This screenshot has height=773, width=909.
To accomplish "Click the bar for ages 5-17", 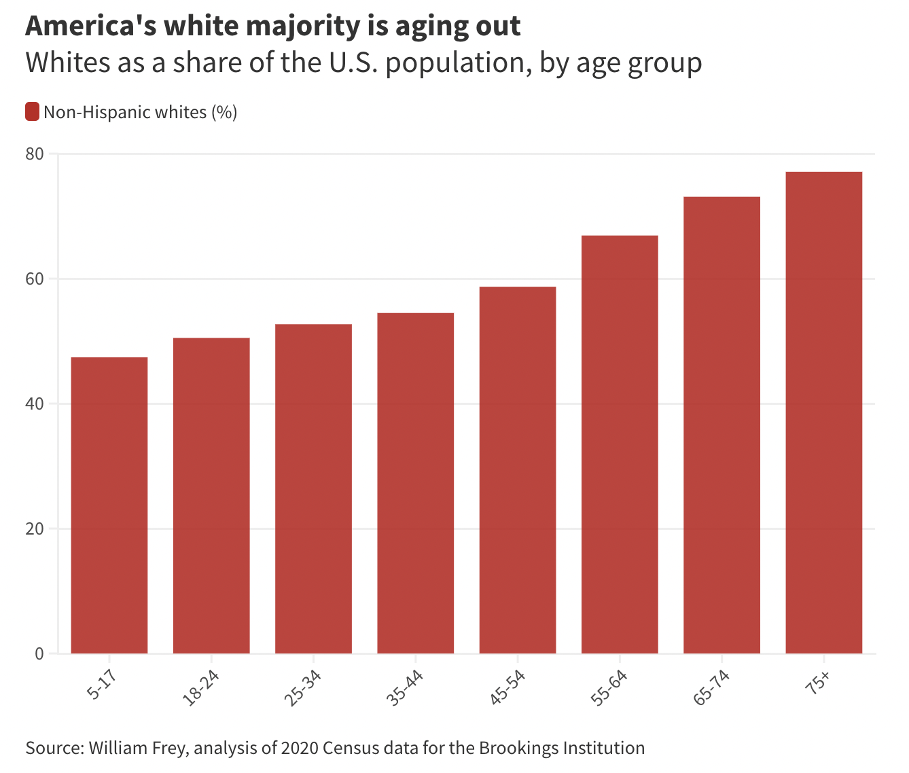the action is (109, 505).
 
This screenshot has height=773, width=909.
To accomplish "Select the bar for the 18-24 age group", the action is (211, 496).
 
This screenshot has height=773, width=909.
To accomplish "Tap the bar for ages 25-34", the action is (314, 489).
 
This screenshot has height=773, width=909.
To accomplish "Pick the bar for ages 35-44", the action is (416, 483).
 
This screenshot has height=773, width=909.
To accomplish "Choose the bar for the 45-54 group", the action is (518, 470).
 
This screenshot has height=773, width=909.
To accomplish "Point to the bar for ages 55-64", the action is (620, 444).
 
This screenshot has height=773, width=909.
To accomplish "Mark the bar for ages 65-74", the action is (721, 425).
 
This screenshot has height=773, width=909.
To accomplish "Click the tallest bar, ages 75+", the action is (823, 412).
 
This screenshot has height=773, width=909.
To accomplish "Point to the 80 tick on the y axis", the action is (35, 154).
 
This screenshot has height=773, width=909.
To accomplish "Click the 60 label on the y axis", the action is (35, 278).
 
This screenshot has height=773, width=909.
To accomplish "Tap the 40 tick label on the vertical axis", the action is (35, 403).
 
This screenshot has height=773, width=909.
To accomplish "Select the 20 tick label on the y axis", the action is (35, 528).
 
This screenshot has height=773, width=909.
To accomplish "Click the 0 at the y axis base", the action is (39, 653).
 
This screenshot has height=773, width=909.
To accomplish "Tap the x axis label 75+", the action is (817, 683).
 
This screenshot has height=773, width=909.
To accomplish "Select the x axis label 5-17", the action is (102, 684).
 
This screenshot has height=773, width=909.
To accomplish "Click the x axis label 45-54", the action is (507, 687).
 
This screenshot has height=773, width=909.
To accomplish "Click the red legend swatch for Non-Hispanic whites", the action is (32, 111).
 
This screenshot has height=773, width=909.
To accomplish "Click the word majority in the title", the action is (303, 26).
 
